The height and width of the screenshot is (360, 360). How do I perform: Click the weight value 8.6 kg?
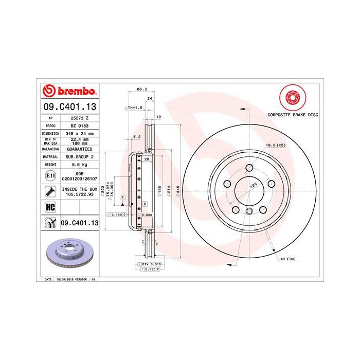[x=79, y=165]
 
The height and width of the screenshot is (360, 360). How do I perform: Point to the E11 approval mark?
[x=50, y=176]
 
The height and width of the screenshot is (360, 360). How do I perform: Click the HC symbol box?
[x=51, y=208]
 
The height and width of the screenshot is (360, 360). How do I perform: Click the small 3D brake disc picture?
[x=70, y=255]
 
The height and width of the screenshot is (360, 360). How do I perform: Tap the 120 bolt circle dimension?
[x=253, y=184]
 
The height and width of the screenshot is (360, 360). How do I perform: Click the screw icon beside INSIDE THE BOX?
[x=51, y=192]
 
